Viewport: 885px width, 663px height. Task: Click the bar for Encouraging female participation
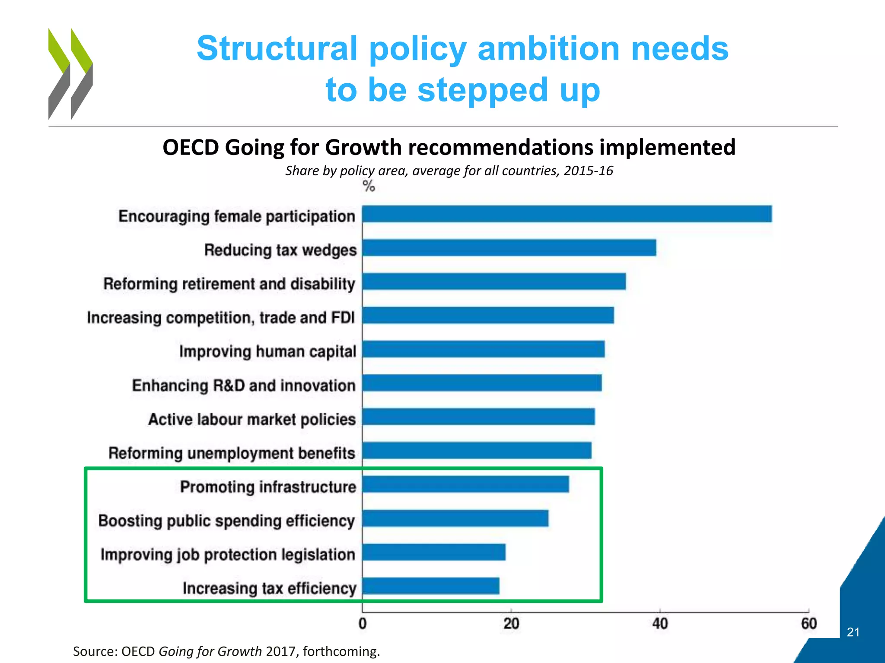[567, 214]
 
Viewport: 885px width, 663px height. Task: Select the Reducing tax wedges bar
[509, 248]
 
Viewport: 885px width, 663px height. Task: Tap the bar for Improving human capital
[483, 349]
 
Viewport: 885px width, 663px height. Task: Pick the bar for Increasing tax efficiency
[430, 586]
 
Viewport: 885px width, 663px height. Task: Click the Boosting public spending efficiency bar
[455, 518]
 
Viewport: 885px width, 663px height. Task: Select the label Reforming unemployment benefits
[232, 453]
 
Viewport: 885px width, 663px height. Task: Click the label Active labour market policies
[252, 420]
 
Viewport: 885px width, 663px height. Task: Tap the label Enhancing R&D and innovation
[244, 385]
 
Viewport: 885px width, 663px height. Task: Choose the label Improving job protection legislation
[228, 555]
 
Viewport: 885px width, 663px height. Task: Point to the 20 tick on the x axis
[511, 624]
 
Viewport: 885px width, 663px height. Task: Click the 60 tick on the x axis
[809, 624]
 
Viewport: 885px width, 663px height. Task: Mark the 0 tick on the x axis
[362, 624]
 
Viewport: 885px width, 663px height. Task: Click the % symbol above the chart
[369, 186]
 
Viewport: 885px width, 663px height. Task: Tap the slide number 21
[853, 632]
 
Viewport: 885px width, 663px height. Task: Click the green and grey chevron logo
[70, 74]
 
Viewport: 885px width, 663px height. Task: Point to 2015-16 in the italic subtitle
[588, 171]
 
